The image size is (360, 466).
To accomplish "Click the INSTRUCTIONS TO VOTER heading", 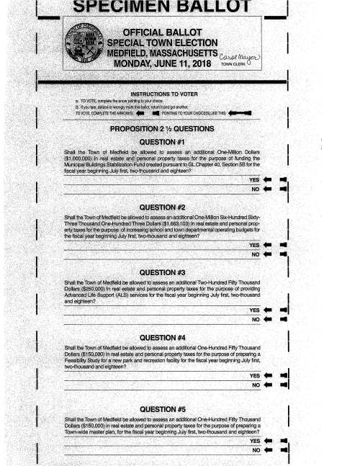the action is pyautogui.click(x=166, y=94).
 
